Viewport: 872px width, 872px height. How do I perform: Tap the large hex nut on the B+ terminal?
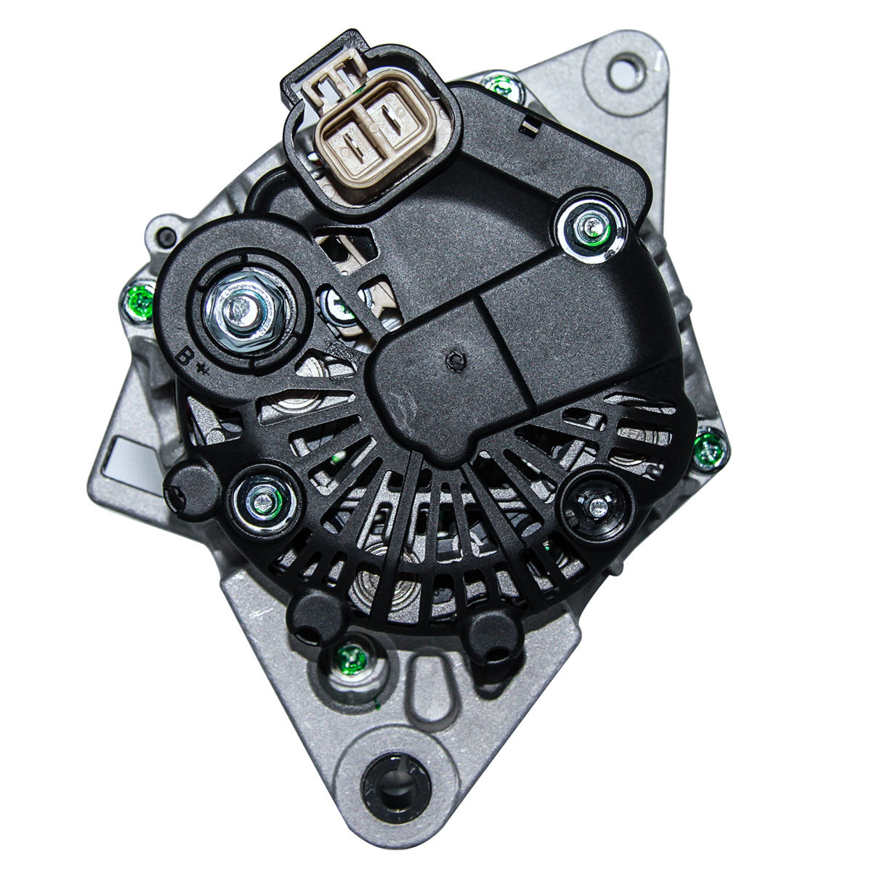(245, 310)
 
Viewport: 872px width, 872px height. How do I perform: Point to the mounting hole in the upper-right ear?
(626, 71)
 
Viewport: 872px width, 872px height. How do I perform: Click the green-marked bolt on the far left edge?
(140, 300)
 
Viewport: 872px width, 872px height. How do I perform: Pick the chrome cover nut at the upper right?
(591, 227)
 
